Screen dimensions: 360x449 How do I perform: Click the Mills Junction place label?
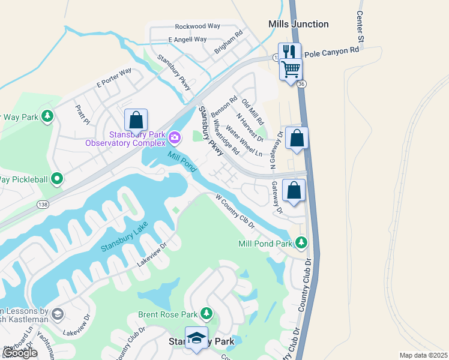click(x=298, y=24)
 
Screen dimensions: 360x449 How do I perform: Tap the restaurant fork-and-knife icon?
click(x=289, y=52)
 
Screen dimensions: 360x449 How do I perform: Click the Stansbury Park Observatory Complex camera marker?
click(x=175, y=138)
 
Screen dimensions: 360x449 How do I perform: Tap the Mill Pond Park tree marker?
click(x=301, y=243)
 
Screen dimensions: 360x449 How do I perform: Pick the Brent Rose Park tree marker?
click(x=206, y=314)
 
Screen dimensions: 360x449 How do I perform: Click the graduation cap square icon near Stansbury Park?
click(x=196, y=338)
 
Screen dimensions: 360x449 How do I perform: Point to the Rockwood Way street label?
click(x=197, y=26)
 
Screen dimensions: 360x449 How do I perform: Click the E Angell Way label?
click(x=187, y=40)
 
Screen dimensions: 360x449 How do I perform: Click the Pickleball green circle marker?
click(x=57, y=178)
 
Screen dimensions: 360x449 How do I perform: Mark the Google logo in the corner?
click(x=20, y=353)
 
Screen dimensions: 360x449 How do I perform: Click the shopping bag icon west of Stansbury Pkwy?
click(x=136, y=120)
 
